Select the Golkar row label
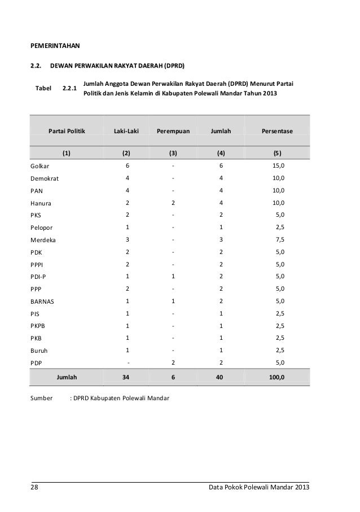click(39, 166)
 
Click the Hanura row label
click(41, 203)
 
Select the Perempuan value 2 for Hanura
click(173, 203)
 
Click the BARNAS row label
click(42, 301)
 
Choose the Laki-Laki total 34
click(126, 375)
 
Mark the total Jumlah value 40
click(221, 375)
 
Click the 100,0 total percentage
click(276, 375)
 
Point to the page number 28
click(34, 487)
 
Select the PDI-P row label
click(38, 277)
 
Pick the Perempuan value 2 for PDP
click(173, 362)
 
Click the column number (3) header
click(173, 152)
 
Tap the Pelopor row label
click(42, 227)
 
